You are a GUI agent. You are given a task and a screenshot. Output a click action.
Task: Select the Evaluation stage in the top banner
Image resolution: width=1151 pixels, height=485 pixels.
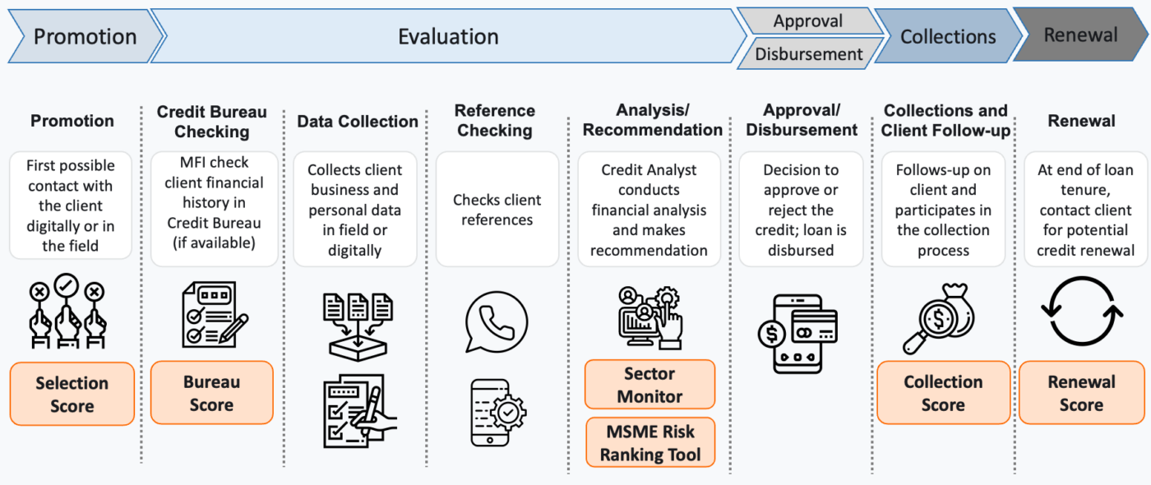448,37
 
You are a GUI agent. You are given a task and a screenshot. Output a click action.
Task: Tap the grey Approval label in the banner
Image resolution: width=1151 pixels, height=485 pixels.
807,21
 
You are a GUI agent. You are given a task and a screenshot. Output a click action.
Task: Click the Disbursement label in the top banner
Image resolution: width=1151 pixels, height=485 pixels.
809,54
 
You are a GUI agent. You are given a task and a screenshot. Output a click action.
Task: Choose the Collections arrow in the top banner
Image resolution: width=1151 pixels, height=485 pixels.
947,37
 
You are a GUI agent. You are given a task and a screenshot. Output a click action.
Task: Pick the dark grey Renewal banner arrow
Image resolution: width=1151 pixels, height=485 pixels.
1080,35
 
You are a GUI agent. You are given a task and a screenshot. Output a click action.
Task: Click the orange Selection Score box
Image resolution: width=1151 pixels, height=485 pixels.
72,394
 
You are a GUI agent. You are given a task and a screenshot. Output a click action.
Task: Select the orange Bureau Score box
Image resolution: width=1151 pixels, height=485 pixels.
211,393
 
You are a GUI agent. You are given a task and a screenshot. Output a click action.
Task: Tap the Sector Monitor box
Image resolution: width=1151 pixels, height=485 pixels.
649,385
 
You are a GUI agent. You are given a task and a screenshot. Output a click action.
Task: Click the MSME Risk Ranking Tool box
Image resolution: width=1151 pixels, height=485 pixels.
649,443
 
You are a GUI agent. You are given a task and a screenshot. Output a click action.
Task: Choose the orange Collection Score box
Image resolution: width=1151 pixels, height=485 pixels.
943,393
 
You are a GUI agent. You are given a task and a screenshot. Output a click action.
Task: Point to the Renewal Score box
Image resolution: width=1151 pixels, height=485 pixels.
1080,393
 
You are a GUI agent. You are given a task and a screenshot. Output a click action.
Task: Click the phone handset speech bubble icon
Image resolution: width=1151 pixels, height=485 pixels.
496,321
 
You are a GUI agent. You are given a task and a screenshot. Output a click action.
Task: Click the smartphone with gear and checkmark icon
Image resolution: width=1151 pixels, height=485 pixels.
497,413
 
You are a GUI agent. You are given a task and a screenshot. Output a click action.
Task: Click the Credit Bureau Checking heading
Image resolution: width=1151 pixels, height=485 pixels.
211,121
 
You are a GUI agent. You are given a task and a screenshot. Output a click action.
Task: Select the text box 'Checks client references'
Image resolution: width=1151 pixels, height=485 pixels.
497,210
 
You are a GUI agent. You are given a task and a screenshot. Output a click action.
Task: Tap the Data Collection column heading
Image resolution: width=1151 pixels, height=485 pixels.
358,121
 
